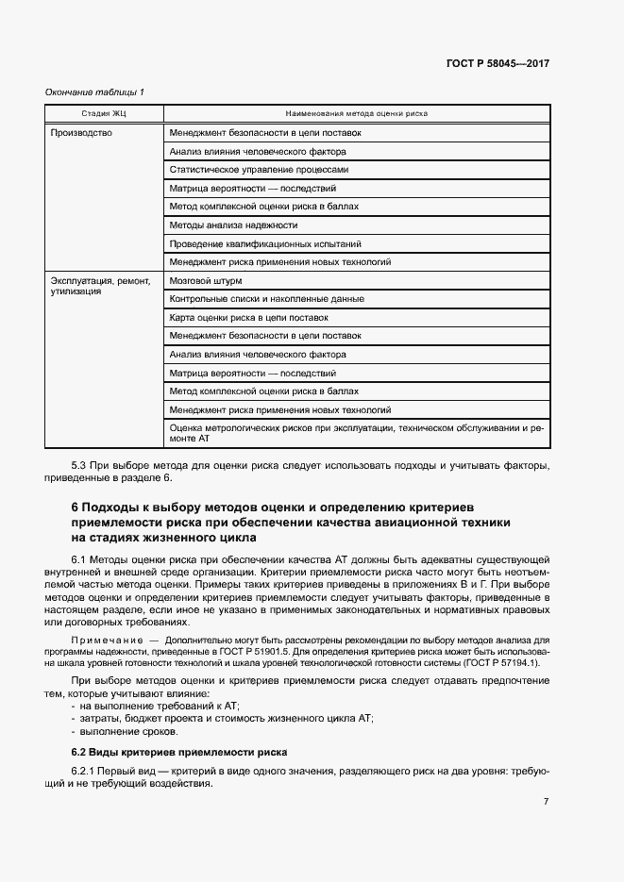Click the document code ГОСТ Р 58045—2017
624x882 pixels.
coord(498,64)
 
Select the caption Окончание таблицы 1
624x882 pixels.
coord(94,92)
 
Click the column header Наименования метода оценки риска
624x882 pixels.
coord(357,112)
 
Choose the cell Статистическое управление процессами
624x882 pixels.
coord(259,170)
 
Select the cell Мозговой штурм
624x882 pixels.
coord(206,281)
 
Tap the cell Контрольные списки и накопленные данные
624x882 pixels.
coord(266,299)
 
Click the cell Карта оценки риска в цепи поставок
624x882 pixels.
coord(248,317)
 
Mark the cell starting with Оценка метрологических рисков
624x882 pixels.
coord(356,434)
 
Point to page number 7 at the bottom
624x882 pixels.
coord(546,802)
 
